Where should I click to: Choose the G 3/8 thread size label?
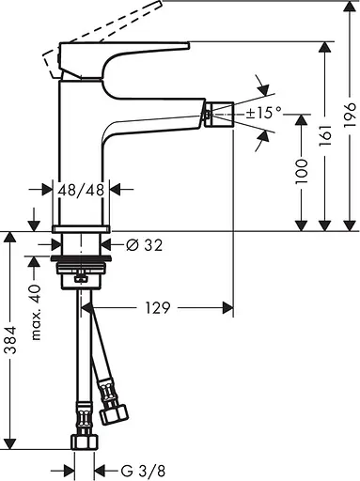click(x=134, y=469)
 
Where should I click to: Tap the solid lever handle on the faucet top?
click(x=122, y=48)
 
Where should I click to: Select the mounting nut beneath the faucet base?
click(x=82, y=276)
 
